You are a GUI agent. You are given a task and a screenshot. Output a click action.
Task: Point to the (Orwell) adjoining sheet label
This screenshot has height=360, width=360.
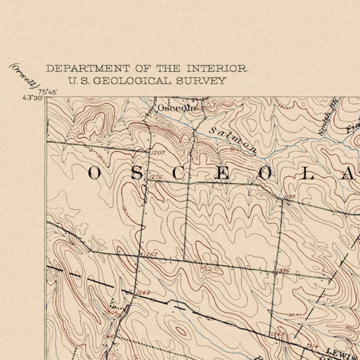pos(24,75)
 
